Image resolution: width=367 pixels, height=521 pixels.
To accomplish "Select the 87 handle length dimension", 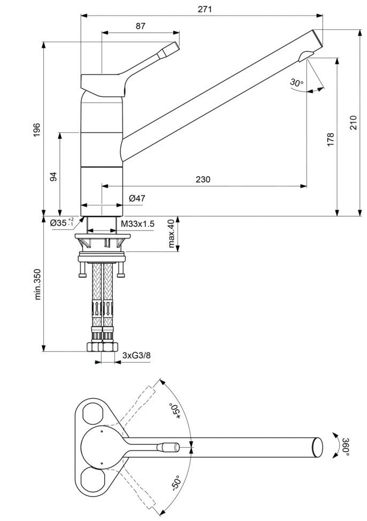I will (x=140, y=26).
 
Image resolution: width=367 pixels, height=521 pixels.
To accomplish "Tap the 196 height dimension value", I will (x=37, y=129).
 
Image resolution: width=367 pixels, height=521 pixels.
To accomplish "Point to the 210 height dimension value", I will (x=353, y=123).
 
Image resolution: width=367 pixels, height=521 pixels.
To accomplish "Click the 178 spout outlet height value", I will (x=331, y=139).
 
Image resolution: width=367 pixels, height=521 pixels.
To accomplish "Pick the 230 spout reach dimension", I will (x=203, y=180).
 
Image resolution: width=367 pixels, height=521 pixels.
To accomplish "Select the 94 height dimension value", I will (x=53, y=177).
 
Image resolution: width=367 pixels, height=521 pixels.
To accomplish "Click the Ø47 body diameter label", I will (x=137, y=198).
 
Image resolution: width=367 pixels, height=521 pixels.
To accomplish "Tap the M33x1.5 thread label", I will (x=137, y=224).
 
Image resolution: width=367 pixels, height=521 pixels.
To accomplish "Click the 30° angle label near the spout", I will (x=296, y=82).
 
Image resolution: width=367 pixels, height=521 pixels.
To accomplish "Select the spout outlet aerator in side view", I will (x=307, y=55).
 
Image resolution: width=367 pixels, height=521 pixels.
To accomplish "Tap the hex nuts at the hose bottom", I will (x=102, y=347).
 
